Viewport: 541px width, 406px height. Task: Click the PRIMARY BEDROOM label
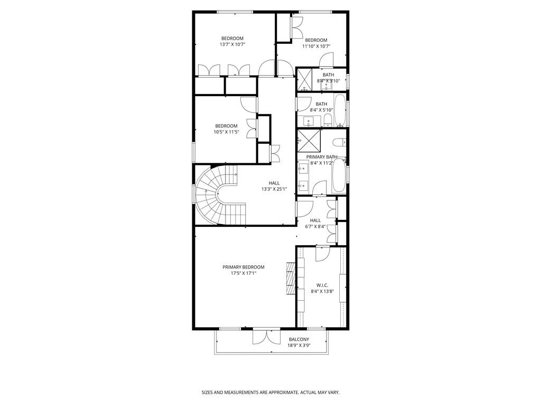click(x=243, y=267)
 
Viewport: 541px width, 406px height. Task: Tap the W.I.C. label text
click(x=322, y=285)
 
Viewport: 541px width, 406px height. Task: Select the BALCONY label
click(x=299, y=339)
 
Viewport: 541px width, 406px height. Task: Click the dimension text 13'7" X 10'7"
click(x=232, y=44)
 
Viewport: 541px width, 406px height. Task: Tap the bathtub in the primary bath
click(x=339, y=176)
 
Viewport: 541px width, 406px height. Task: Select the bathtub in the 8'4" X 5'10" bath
click(x=340, y=110)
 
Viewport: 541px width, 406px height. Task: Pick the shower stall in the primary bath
click(x=309, y=141)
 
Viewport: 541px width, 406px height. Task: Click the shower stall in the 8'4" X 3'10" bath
click(x=305, y=79)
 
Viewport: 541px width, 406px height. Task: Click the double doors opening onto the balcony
click(x=266, y=337)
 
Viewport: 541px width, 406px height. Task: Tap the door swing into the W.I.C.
click(x=323, y=254)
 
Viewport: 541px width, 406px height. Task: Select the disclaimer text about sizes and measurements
click(x=270, y=393)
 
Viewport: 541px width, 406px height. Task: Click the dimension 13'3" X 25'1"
click(x=274, y=189)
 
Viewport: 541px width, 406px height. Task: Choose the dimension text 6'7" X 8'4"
click(x=315, y=226)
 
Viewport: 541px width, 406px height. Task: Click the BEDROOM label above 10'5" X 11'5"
click(x=226, y=126)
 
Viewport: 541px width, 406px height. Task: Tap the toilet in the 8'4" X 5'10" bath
click(x=328, y=121)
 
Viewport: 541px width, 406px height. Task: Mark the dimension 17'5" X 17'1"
click(x=244, y=273)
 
